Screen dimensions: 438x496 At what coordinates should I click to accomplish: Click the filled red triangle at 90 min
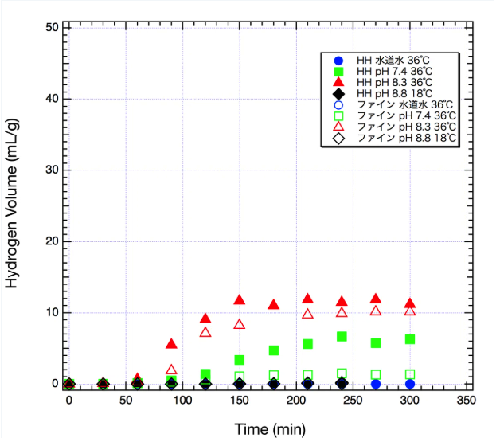(171, 343)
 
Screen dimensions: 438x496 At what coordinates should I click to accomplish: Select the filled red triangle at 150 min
(239, 299)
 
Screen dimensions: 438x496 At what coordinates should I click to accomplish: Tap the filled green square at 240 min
(342, 337)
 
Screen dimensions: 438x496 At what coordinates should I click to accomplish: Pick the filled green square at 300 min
(409, 339)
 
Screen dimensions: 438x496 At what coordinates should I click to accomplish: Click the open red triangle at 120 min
(205, 332)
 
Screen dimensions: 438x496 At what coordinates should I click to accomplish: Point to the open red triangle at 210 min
(307, 313)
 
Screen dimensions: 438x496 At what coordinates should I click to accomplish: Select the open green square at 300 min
(409, 374)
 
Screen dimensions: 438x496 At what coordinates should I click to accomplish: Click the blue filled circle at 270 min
(376, 384)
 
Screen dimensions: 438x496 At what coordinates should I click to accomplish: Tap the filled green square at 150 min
(239, 360)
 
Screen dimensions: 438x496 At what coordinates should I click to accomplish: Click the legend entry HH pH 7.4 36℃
(395, 71)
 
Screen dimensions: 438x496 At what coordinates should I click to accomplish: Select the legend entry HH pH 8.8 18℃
(395, 93)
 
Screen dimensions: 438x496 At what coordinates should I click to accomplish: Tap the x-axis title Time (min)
(269, 429)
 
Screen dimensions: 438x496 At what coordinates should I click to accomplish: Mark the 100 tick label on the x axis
(182, 400)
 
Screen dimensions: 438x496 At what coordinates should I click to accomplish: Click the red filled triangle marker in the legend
(338, 82)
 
